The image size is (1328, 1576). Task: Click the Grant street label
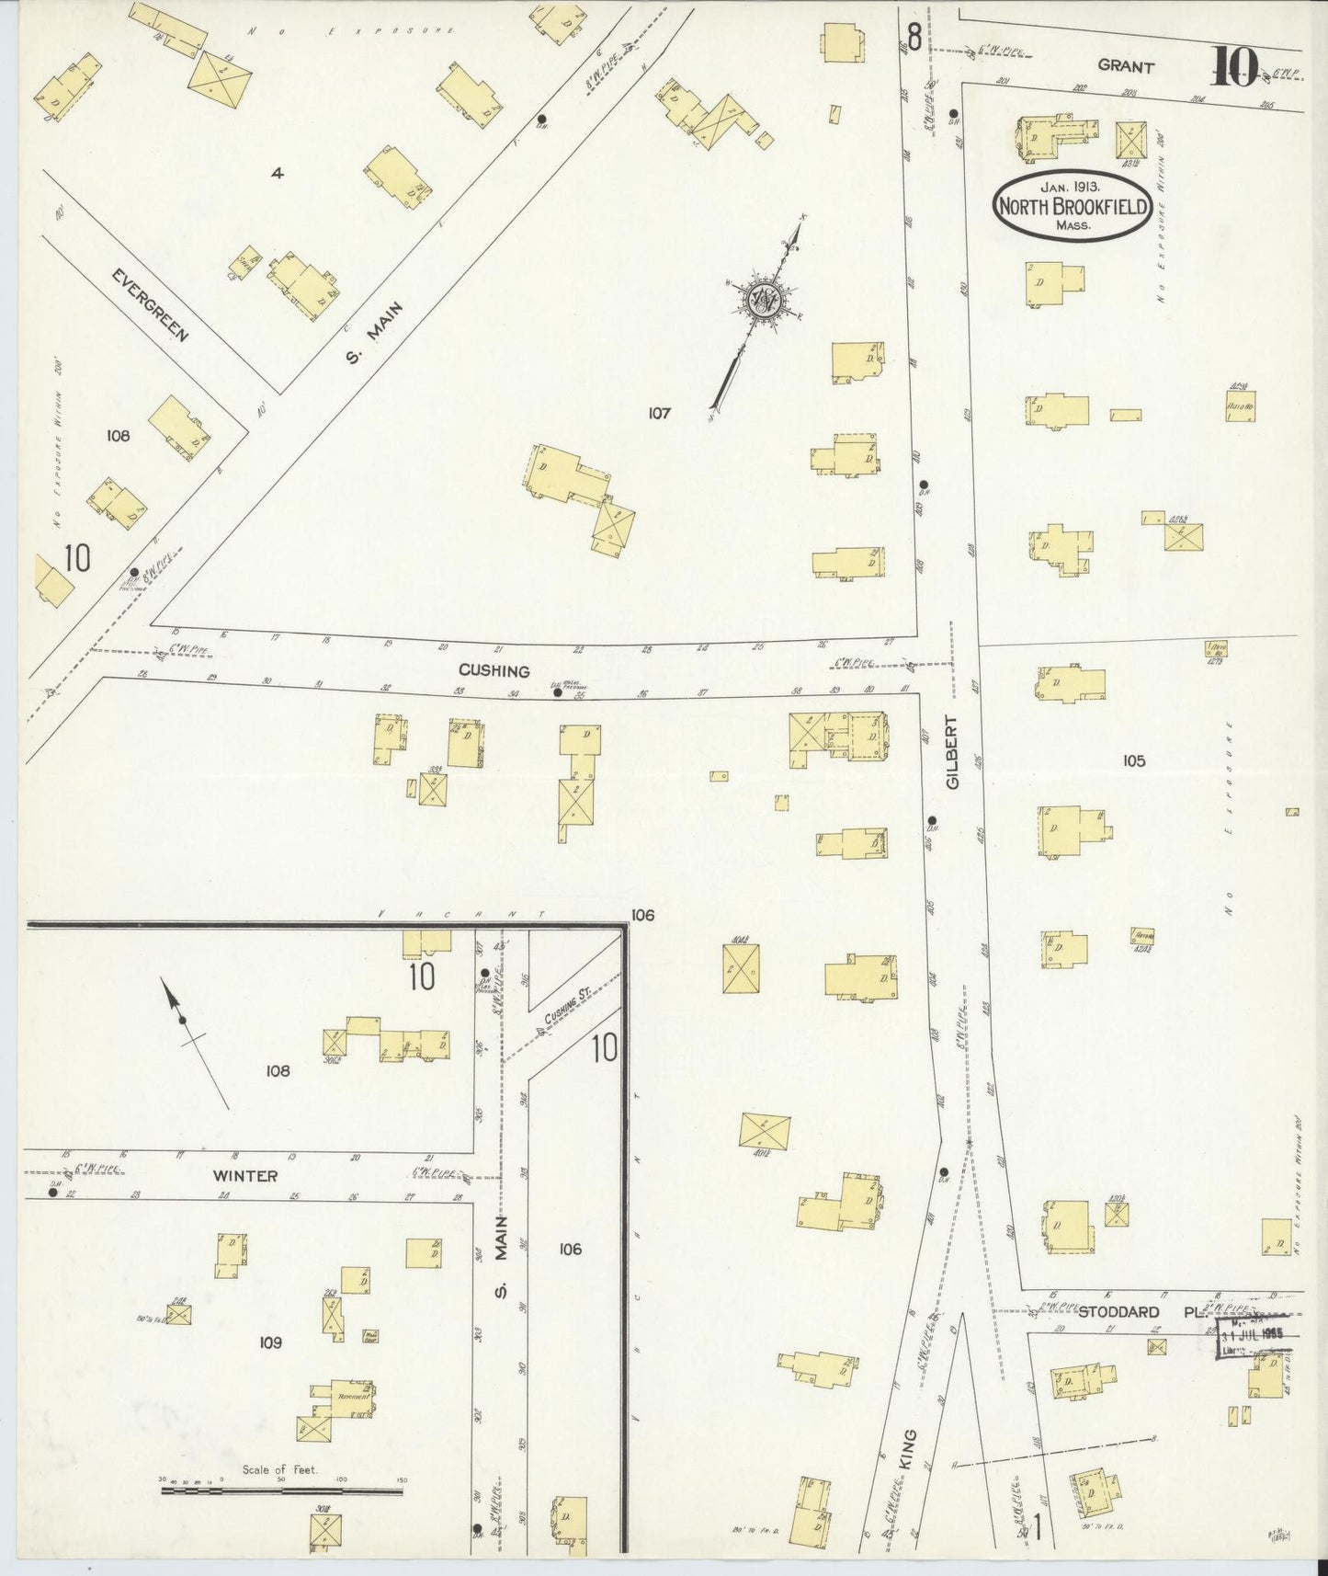pyautogui.click(x=1125, y=66)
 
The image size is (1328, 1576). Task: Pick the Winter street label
pyautogui.click(x=244, y=1175)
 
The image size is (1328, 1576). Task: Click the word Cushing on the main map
pyautogui.click(x=495, y=671)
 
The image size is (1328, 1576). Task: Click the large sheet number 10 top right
pyautogui.click(x=1232, y=66)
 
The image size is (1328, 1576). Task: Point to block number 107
pyautogui.click(x=659, y=413)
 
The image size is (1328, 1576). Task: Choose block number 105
pyautogui.click(x=1133, y=760)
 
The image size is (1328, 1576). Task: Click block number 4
pyautogui.click(x=276, y=172)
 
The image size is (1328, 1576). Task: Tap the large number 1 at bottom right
pyautogui.click(x=1036, y=1532)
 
